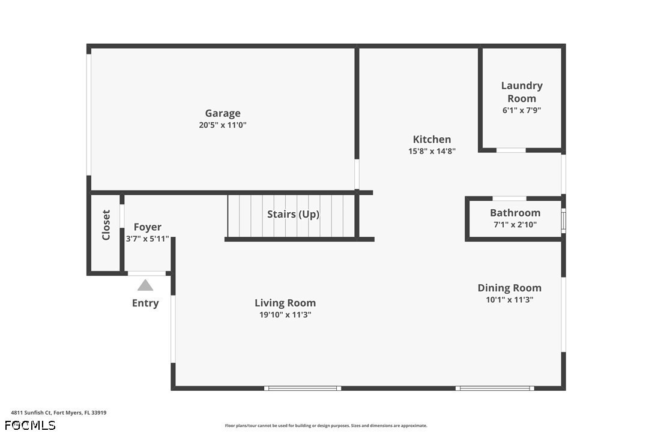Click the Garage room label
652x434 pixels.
pyautogui.click(x=223, y=113)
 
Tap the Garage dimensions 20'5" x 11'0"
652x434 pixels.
pyautogui.click(x=223, y=125)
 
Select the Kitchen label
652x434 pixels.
pyautogui.click(x=432, y=139)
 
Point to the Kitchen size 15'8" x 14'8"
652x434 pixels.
pyautogui.click(x=432, y=151)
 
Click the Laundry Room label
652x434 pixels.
pyautogui.click(x=522, y=92)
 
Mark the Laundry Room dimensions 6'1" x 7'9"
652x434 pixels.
pyautogui.click(x=522, y=110)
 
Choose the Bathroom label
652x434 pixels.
pyautogui.click(x=515, y=213)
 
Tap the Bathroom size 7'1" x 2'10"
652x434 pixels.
pyautogui.click(x=515, y=225)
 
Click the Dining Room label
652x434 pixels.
pyautogui.click(x=509, y=288)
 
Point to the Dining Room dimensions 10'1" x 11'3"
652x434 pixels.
pyautogui.click(x=509, y=300)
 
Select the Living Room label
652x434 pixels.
pyautogui.click(x=285, y=303)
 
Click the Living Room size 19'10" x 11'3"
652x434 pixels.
pyautogui.click(x=285, y=315)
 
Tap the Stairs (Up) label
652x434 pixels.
pyautogui.click(x=293, y=214)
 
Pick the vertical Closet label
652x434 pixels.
pyautogui.click(x=106, y=225)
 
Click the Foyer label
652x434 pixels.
pyautogui.click(x=148, y=227)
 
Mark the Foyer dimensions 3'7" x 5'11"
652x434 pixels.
pyautogui.click(x=148, y=239)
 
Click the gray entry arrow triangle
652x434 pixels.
pyautogui.click(x=145, y=285)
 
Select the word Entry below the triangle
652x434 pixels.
pyautogui.click(x=145, y=303)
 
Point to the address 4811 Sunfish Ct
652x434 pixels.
pyautogui.click(x=31, y=413)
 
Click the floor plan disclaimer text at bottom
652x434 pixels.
pyautogui.click(x=326, y=426)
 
